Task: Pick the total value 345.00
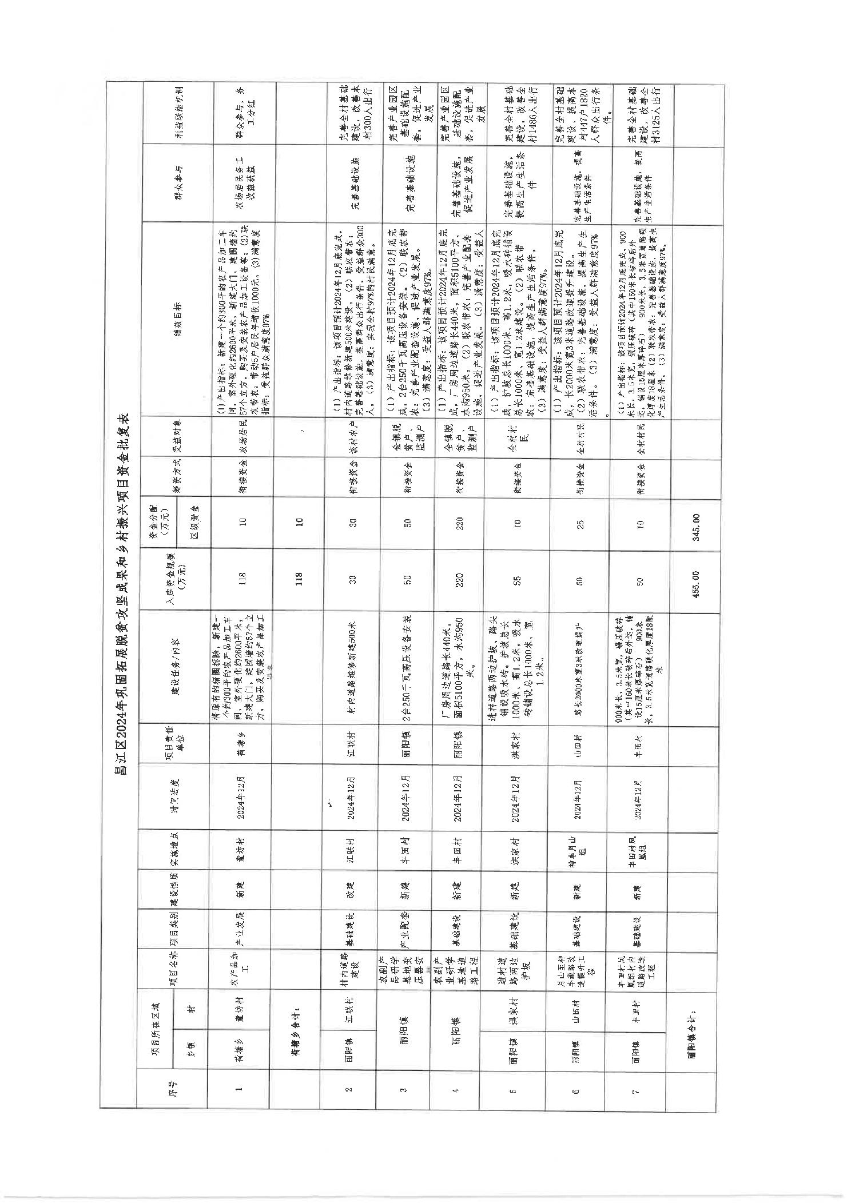(x=695, y=524)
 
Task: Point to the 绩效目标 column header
(x=177, y=315)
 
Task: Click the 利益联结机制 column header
(x=177, y=114)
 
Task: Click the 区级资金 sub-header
(x=194, y=524)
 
